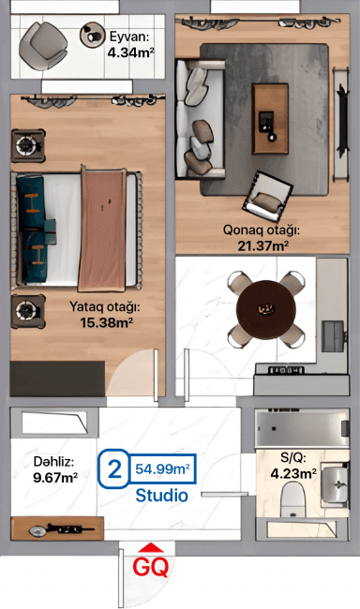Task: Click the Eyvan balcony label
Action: (x=129, y=37)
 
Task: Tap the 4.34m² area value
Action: (x=130, y=52)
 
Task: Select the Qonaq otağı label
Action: (x=261, y=231)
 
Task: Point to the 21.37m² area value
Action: (x=262, y=246)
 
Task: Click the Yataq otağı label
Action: (x=104, y=306)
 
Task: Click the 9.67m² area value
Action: (x=55, y=477)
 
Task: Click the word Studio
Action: (x=161, y=494)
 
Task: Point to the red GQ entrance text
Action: (x=150, y=567)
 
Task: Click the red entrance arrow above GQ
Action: (x=150, y=549)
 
